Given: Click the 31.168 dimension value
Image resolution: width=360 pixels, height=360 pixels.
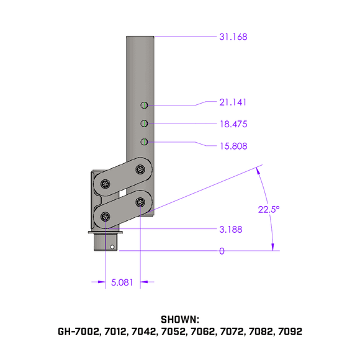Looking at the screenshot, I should [x=233, y=37].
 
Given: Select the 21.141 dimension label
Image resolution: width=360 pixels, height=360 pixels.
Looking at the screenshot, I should [x=233, y=102].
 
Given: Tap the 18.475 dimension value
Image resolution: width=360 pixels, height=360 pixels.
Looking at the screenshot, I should [x=233, y=124].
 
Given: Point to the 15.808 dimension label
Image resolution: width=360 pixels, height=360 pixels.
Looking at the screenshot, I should [x=233, y=146].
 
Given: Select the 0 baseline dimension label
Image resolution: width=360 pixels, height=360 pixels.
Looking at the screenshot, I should [x=222, y=251].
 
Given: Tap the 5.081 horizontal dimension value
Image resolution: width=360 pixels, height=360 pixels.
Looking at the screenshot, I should [x=123, y=283].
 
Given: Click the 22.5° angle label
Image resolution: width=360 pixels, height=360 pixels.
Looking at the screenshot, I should [x=269, y=209].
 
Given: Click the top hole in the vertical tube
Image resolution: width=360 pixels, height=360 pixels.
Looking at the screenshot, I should [x=143, y=105].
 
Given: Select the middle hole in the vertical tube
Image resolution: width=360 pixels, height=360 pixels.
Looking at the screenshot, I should [x=143, y=124].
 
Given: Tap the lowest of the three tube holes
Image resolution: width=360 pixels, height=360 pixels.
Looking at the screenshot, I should [x=143, y=142].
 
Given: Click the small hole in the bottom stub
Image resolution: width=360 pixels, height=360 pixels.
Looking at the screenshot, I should [x=112, y=247].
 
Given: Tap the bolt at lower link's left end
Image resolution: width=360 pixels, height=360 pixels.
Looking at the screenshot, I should [x=106, y=217].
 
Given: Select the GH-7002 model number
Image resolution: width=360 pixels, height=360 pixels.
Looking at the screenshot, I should [x=78, y=332].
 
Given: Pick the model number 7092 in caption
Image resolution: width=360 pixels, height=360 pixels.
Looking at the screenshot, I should [x=290, y=332].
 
